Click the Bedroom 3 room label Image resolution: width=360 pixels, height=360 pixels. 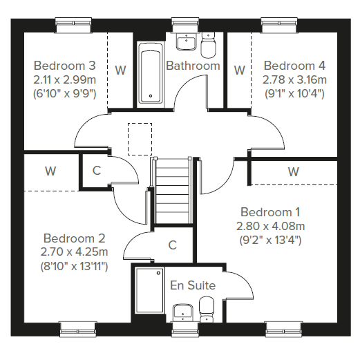(x=64, y=66)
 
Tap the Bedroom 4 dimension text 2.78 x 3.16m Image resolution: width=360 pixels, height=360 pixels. (x=294, y=80)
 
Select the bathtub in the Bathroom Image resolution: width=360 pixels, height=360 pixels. (x=151, y=75)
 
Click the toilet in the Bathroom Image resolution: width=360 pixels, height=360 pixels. (x=208, y=44)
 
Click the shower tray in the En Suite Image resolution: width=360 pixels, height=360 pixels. (x=150, y=290)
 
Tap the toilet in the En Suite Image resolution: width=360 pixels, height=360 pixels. (x=207, y=310)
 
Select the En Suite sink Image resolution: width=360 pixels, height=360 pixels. (x=182, y=313)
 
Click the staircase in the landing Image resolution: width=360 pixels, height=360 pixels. (x=173, y=190)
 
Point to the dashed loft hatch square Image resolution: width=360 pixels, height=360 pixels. (x=140, y=139)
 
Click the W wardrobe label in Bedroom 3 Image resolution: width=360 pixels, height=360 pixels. (x=120, y=70)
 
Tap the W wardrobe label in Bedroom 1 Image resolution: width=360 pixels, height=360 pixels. (x=293, y=172)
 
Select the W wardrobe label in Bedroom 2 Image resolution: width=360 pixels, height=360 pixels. (x=50, y=171)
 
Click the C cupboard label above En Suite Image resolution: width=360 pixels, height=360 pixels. (x=173, y=245)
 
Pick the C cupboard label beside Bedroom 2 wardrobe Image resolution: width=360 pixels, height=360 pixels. (x=97, y=171)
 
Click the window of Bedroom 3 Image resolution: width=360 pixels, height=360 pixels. (x=74, y=26)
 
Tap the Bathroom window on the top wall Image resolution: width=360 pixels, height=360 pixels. (x=185, y=25)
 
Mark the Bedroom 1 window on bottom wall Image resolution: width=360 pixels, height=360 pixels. (x=284, y=330)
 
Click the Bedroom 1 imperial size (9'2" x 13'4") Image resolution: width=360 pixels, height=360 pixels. (x=270, y=240)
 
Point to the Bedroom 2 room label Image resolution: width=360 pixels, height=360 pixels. (x=74, y=238)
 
